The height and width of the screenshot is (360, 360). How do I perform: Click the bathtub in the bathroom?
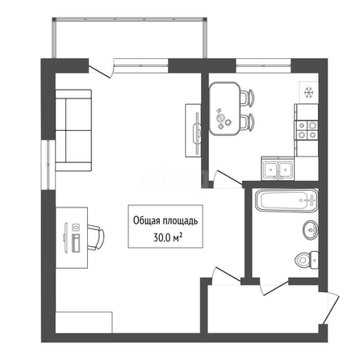click(287, 200)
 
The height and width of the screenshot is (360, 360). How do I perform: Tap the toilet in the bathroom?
click(307, 260)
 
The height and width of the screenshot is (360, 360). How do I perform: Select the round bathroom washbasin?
click(310, 230)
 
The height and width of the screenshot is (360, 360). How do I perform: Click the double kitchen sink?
click(278, 170)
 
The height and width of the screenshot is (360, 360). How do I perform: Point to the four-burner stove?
click(307, 130)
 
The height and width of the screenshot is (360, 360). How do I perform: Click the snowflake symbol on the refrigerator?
click(309, 93)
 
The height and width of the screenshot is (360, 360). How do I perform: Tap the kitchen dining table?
click(224, 108)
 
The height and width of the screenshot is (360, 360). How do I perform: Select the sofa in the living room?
click(73, 130)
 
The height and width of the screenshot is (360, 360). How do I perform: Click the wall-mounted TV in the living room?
click(197, 131)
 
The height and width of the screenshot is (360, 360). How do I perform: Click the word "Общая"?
click(145, 220)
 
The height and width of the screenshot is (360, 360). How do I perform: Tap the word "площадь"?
click(178, 221)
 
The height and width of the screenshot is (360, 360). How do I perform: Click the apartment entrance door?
click(331, 308)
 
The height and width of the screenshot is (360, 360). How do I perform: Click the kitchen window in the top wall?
click(264, 65)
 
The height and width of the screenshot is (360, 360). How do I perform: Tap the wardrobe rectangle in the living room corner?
click(84, 323)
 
